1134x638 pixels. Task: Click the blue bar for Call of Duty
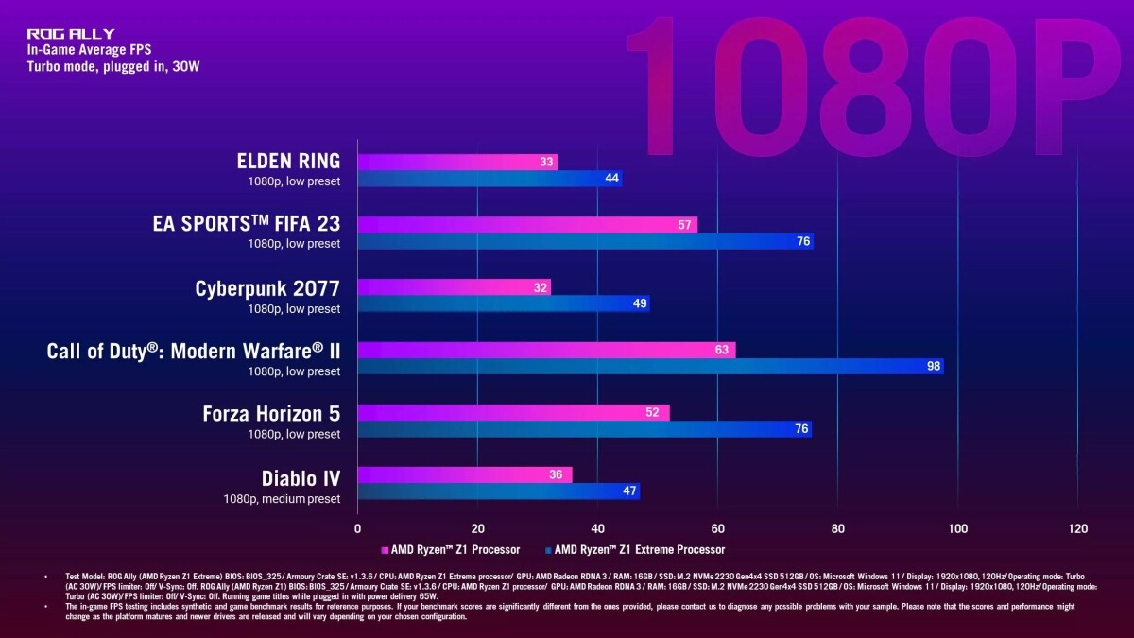point(650,366)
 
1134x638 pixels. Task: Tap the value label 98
point(934,366)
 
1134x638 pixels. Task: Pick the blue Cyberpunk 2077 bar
point(503,303)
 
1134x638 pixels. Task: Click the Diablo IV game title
point(301,478)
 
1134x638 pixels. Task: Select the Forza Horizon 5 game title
point(271,414)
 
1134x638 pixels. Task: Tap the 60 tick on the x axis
point(717,528)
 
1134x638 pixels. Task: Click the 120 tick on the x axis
point(1076,528)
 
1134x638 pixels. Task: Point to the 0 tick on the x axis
point(357,528)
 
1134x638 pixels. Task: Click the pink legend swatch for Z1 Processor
point(385,549)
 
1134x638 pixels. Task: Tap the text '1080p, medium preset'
point(282,498)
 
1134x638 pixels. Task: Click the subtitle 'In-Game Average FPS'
point(89,50)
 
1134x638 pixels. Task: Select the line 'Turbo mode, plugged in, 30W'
point(113,66)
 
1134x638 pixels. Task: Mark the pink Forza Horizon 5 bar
point(513,413)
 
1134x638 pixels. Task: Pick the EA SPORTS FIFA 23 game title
point(246,224)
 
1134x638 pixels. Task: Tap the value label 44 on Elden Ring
point(611,178)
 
